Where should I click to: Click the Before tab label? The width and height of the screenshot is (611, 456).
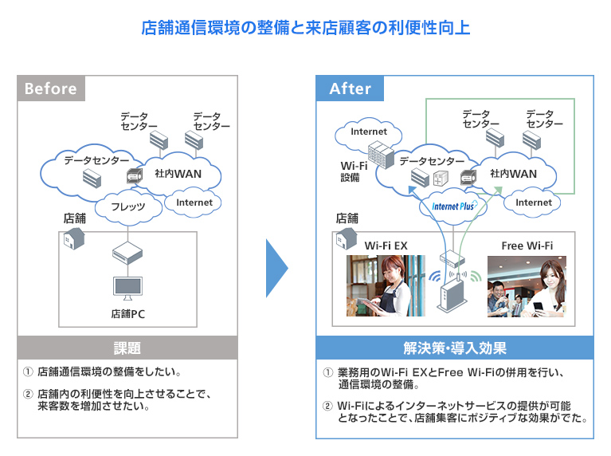50,88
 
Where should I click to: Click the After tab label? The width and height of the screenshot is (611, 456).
350,88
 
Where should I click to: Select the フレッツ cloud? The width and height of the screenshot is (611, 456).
127,207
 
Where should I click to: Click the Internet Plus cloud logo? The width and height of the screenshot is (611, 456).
453,206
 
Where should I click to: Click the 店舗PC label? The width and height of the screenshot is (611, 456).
127,314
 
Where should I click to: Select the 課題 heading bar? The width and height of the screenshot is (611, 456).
127,348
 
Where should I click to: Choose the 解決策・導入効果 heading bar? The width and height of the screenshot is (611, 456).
455,348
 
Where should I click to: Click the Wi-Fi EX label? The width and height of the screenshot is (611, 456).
386,246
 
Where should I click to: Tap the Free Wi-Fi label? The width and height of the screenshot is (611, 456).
527,246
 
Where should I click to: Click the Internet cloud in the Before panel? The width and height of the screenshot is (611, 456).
194,202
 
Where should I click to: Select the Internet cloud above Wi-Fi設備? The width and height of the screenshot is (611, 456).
368,132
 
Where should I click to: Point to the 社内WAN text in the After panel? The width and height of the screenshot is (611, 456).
513,174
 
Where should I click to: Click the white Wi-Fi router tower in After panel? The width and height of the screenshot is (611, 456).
451,292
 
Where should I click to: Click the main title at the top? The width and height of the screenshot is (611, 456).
305,28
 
